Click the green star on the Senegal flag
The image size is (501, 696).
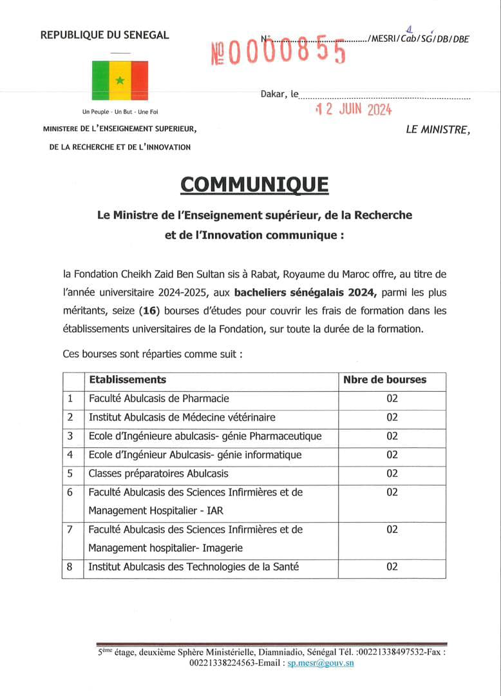coord(120,80)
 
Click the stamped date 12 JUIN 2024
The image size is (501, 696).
coord(354,110)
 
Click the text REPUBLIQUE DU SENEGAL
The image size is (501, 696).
coord(104,35)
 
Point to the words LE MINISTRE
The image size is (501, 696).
coord(438,130)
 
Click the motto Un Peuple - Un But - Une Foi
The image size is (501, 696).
coord(120,111)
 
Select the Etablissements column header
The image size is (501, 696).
coord(128,380)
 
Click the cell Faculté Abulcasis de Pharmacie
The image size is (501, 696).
coord(158,398)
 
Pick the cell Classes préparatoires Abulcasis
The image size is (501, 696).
coord(158,474)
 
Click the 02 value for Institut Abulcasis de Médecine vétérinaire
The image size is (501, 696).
coord(392,418)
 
